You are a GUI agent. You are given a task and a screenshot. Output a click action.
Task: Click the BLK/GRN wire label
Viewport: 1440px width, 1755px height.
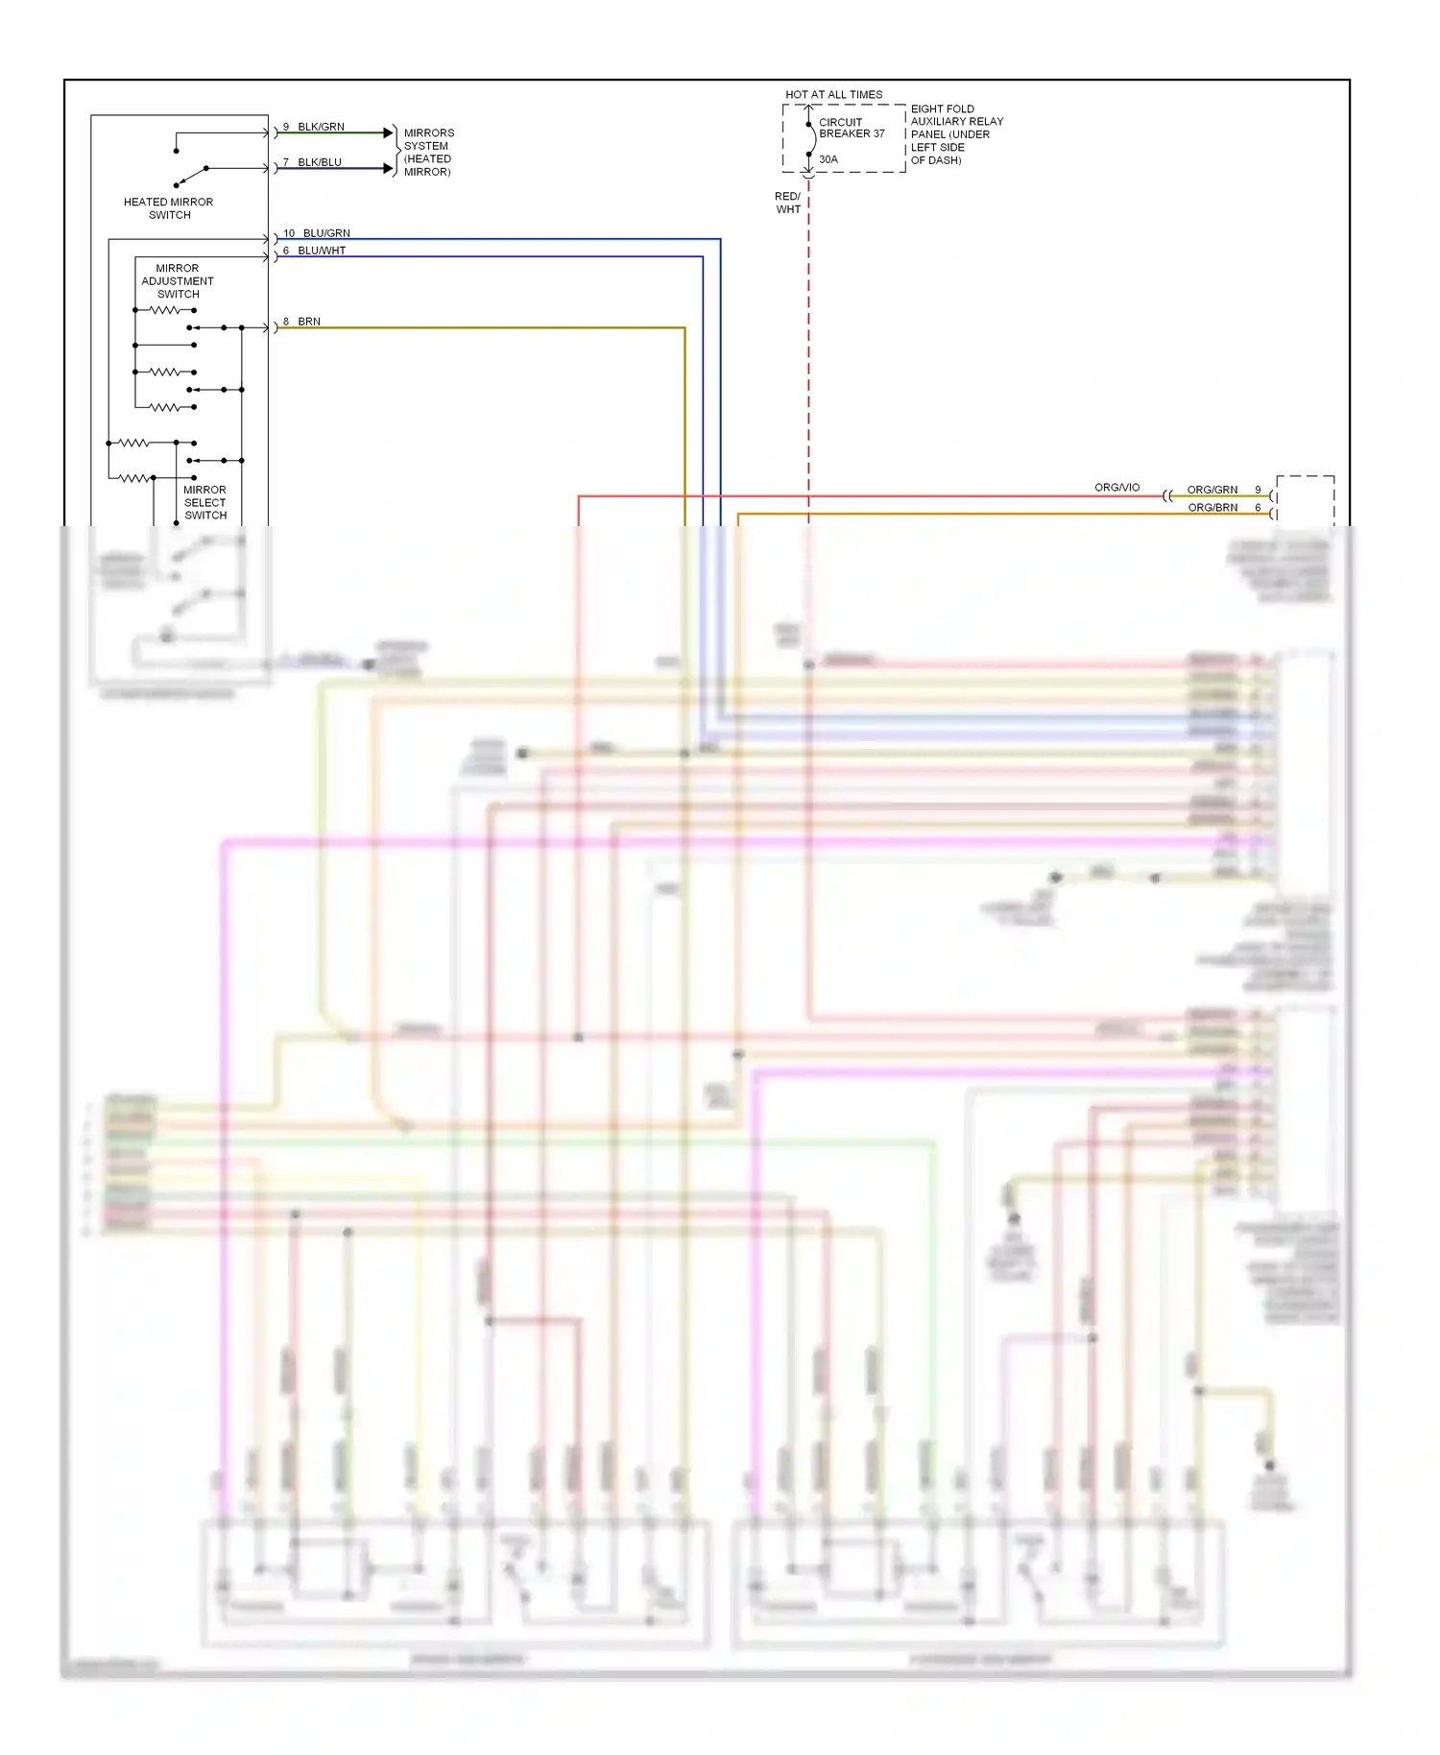[321, 127]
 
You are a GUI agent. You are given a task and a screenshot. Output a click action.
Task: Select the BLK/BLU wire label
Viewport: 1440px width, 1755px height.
[320, 162]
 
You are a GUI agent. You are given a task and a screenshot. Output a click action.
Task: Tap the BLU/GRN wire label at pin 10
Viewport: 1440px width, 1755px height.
[326, 233]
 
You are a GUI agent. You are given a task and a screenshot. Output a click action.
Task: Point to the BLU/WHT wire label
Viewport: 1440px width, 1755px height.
[322, 251]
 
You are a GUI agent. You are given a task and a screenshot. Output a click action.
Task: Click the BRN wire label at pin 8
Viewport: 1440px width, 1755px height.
[309, 322]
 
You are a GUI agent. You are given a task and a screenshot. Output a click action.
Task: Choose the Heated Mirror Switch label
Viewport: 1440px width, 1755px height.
[169, 208]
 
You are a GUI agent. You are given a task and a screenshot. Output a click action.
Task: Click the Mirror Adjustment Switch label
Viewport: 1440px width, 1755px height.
[178, 281]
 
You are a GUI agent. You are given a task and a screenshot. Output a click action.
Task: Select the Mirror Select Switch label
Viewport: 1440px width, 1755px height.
[205, 502]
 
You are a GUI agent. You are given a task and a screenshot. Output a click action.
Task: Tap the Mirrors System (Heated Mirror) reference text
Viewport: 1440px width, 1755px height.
[428, 153]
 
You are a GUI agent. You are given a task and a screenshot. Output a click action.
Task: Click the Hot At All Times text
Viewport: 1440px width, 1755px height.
[833, 95]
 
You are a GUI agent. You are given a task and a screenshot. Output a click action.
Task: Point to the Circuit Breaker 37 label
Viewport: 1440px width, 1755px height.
[851, 128]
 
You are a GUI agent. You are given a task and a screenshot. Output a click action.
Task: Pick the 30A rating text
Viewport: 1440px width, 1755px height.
[828, 159]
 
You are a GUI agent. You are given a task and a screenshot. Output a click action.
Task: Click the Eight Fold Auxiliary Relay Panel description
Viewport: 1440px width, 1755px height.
[956, 134]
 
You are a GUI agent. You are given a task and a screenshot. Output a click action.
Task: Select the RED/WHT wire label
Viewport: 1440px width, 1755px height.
[788, 203]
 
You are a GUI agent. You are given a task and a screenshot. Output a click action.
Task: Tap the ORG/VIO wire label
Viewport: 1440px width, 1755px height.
[1116, 488]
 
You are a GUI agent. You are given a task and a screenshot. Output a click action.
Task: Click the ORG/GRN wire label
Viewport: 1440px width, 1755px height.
[1212, 490]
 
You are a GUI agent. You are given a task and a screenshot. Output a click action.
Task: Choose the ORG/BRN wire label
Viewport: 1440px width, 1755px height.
[1212, 508]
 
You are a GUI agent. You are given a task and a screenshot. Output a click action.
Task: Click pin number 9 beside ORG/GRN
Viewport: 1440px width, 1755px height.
[1258, 490]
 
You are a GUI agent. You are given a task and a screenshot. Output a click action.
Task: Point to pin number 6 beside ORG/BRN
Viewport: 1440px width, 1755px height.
[1258, 508]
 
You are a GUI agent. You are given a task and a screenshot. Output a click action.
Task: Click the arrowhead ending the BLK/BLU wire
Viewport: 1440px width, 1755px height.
[388, 168]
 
